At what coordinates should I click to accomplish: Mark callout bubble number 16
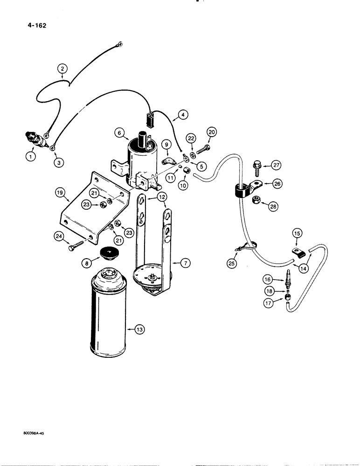(x=281, y=280)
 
